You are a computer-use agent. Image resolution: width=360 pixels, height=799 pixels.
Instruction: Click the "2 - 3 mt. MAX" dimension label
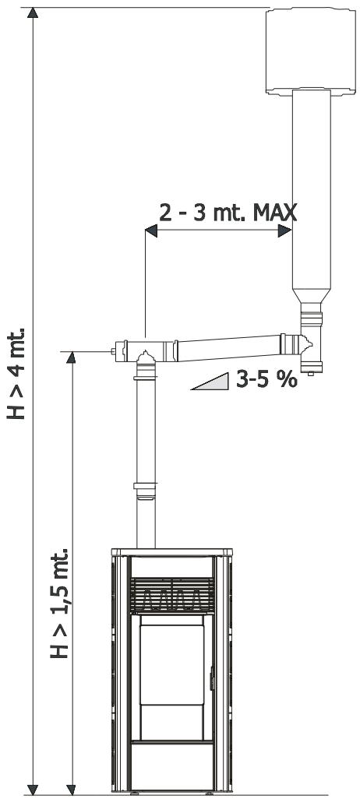tap(228, 213)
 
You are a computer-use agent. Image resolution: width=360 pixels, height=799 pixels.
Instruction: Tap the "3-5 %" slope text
tap(266, 379)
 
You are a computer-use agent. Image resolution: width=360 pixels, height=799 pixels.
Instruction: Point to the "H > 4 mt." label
tap(16, 374)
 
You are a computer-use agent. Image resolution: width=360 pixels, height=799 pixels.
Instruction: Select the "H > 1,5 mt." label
tap(59, 603)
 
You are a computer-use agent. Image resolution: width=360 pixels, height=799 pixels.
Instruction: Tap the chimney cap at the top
tap(311, 51)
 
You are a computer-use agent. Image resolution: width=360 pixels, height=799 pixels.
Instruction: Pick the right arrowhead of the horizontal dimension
tap(284, 231)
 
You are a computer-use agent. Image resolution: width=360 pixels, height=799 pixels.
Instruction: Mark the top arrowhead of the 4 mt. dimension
tap(33, 12)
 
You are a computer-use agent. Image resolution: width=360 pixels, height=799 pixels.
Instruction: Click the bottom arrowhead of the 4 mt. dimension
tap(33, 789)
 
